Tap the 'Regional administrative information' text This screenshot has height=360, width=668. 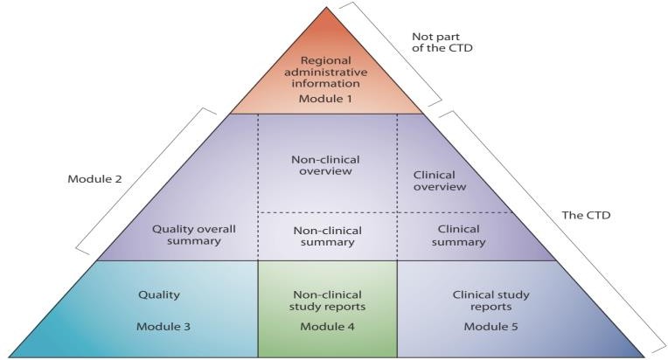pyautogui.click(x=326, y=73)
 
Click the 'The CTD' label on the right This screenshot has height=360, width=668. pyautogui.click(x=585, y=213)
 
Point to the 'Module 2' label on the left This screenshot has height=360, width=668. pyautogui.click(x=94, y=179)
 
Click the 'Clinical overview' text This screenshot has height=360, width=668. pyautogui.click(x=438, y=180)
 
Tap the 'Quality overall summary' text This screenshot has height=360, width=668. pyautogui.click(x=194, y=234)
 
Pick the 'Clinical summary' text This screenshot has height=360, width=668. pyautogui.click(x=458, y=234)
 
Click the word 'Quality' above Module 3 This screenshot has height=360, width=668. pyautogui.click(x=158, y=294)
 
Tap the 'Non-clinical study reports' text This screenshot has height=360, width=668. pyautogui.click(x=326, y=301)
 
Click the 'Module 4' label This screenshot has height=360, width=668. pyautogui.click(x=326, y=326)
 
